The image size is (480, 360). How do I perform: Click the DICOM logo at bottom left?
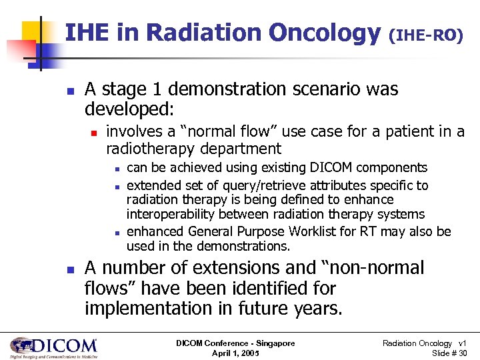pyautogui.click(x=53, y=347)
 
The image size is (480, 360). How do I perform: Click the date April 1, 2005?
pyautogui.click(x=235, y=353)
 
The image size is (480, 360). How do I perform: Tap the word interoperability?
pyautogui.click(x=172, y=213)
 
